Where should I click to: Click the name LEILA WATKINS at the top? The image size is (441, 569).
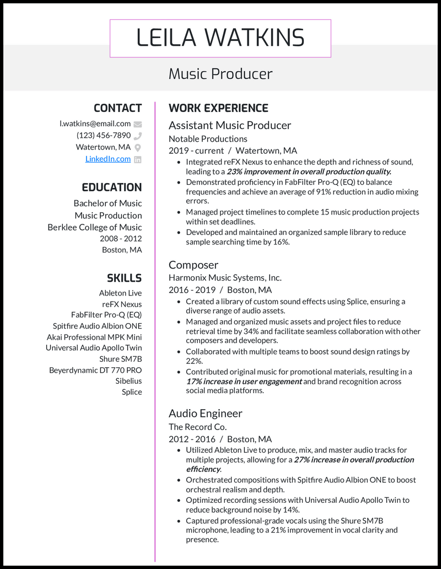(220, 38)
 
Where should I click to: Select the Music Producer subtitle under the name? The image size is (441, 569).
(220, 74)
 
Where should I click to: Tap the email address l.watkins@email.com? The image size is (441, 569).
(95, 124)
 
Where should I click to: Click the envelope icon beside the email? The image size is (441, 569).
(138, 124)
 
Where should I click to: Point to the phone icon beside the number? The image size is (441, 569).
(138, 136)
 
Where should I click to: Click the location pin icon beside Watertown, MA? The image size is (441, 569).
(138, 147)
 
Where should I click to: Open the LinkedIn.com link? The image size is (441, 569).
(108, 159)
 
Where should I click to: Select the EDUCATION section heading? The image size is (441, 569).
(112, 187)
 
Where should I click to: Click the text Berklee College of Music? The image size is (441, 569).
(94, 227)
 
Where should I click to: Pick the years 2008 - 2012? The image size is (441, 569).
(121, 239)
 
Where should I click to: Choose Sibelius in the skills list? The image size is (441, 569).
(128, 381)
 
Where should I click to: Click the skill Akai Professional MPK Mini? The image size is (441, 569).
(94, 337)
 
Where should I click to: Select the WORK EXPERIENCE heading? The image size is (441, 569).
(218, 108)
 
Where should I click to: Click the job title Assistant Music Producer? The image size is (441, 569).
(230, 125)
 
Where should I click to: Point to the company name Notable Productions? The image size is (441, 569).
(208, 139)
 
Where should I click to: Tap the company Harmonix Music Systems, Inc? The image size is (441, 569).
(225, 278)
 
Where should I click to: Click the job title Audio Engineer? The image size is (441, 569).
(205, 413)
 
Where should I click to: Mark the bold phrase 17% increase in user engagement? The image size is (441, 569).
(244, 382)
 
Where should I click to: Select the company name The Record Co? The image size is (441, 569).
(197, 427)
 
